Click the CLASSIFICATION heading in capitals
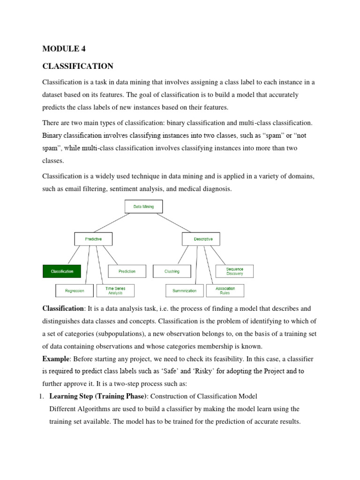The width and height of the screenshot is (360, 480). [x=78, y=66]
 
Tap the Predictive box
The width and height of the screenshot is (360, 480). [x=93, y=239]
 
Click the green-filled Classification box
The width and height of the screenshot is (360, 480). [x=62, y=271]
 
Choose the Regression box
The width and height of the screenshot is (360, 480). [x=75, y=291]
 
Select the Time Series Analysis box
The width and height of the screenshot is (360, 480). [x=115, y=291]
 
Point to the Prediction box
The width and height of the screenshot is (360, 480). [x=127, y=271]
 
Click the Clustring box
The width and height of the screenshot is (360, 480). [x=172, y=271]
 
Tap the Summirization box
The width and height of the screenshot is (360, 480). [x=184, y=291]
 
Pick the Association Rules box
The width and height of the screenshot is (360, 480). [x=225, y=291]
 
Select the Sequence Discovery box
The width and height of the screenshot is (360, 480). [x=234, y=271]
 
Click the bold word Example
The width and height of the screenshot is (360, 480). [x=55, y=359]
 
